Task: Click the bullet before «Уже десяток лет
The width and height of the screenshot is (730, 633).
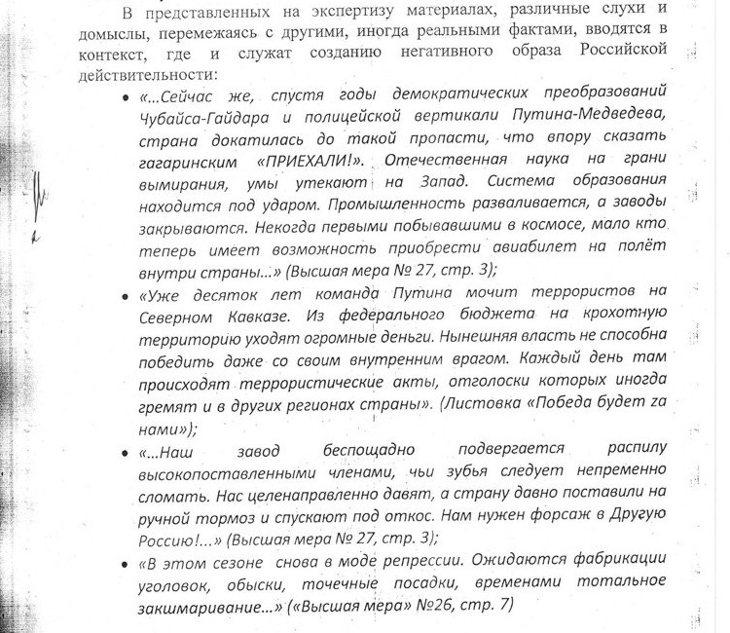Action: [128, 294]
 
